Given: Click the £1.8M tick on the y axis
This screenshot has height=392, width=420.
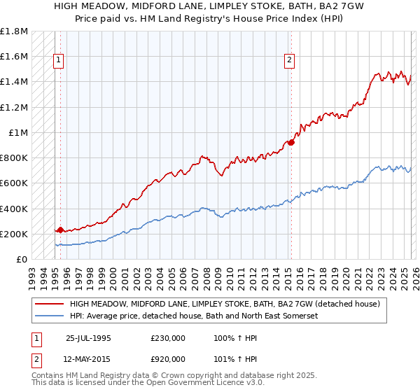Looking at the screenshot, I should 14,31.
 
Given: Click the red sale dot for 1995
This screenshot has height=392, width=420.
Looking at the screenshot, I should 60,230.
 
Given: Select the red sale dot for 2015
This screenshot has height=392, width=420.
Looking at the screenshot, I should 291,142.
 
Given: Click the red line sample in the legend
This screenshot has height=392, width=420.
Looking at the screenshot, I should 49,304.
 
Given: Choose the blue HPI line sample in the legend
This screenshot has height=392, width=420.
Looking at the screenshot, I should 49,316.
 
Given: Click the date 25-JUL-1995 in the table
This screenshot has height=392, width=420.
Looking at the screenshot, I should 88,337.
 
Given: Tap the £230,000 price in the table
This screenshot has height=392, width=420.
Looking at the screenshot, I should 168,337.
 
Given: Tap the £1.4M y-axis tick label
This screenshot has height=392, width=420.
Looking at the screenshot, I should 14,82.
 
